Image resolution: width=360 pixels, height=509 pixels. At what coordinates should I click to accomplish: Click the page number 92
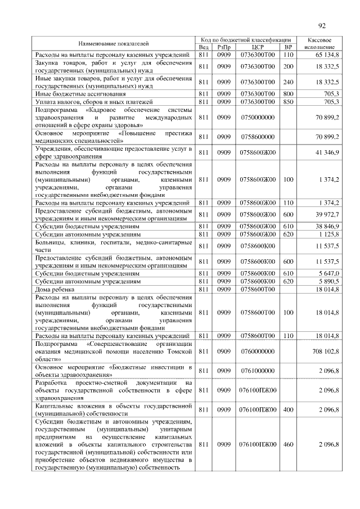point(322,25)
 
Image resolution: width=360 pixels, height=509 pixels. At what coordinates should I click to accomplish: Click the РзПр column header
point(224,47)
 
